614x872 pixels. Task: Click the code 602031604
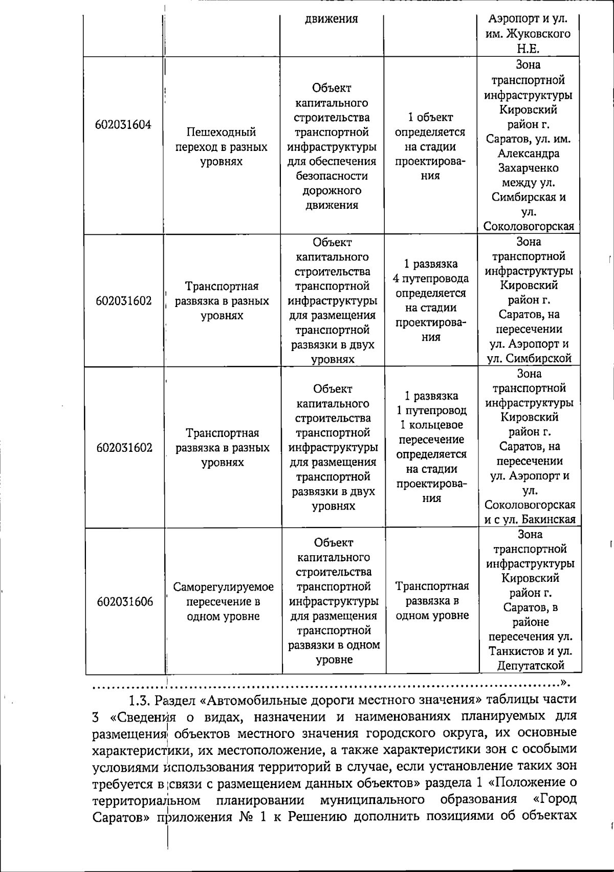(123, 125)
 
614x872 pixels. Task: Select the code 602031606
(125, 601)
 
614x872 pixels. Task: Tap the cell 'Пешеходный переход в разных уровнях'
(222, 147)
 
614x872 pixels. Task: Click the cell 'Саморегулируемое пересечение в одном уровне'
(223, 601)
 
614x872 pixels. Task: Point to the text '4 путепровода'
(431, 279)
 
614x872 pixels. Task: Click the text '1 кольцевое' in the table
(431, 425)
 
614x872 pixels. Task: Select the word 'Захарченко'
(529, 168)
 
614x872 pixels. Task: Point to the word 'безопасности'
(332, 176)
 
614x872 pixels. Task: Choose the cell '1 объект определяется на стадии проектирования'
(430, 147)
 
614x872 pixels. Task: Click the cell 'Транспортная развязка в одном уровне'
(432, 601)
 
